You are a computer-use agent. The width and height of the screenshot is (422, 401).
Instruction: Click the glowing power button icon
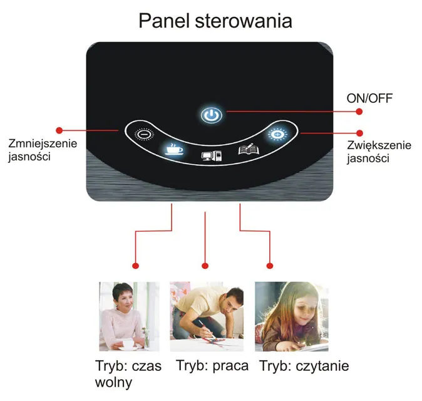pyautogui.click(x=212, y=115)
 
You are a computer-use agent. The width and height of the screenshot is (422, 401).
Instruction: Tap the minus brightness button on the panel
pyautogui.click(x=144, y=134)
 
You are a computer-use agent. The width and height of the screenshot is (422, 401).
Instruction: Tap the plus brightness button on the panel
pyautogui.click(x=277, y=133)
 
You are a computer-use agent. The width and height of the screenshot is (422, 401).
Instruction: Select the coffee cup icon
pyautogui.click(x=174, y=149)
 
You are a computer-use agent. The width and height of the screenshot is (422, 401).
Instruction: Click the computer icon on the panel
pyautogui.click(x=212, y=156)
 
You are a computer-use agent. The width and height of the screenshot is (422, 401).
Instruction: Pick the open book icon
pyautogui.click(x=249, y=149)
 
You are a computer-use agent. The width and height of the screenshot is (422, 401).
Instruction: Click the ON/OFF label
pyautogui.click(x=369, y=98)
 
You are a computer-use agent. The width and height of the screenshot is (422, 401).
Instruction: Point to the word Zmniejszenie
pyautogui.click(x=43, y=143)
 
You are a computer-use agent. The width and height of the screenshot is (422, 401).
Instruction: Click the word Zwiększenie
pyautogui.click(x=379, y=145)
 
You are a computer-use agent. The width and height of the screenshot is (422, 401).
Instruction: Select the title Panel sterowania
pyautogui.click(x=215, y=21)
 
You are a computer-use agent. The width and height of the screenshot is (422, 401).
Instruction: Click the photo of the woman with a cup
pyautogui.click(x=129, y=316)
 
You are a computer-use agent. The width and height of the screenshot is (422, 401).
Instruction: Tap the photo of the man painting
pyautogui.click(x=207, y=316)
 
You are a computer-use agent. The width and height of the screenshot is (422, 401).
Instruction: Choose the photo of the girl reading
pyautogui.click(x=292, y=316)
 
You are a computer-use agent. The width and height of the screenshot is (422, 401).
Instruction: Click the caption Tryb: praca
pyautogui.click(x=212, y=366)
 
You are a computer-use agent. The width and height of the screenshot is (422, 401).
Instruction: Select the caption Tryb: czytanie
pyautogui.click(x=304, y=366)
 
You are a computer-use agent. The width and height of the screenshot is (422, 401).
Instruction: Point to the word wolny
pyautogui.click(x=113, y=382)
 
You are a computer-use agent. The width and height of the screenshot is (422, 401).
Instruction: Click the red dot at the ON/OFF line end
pyautogui.click(x=359, y=112)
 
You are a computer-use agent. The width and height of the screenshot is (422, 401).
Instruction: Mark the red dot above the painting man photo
pyautogui.click(x=205, y=266)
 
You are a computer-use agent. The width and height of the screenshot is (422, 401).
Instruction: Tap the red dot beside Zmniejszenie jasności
pyautogui.click(x=59, y=130)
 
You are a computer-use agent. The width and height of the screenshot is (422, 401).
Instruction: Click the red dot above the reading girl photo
pyautogui.click(x=270, y=266)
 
